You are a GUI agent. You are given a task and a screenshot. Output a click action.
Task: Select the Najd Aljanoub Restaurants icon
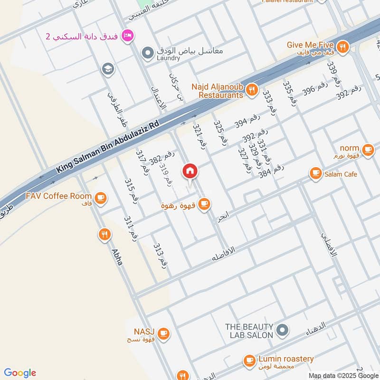tap(252, 89)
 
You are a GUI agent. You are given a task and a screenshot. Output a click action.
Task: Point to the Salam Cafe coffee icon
tap(315, 174)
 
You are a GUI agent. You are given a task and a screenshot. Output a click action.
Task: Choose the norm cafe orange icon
tap(368, 150)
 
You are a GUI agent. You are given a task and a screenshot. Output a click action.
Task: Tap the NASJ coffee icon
tap(163, 333)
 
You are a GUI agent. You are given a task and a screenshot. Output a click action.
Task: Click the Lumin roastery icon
tap(249, 361)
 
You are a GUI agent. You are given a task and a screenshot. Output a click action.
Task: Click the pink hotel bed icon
tap(127, 35)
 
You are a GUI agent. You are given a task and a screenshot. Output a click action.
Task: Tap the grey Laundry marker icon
tap(148, 51)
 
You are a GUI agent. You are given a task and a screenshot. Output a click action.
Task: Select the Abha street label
tap(117, 257)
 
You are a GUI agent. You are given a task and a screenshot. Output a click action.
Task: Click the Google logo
tap(20, 373)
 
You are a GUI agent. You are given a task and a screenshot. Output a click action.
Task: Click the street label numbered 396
tap(315, 90)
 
